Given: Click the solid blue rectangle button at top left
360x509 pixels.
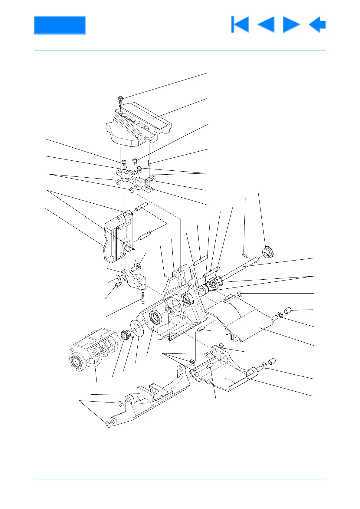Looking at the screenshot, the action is click(x=60, y=25).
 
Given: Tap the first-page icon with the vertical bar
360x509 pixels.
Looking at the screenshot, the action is click(x=240, y=25).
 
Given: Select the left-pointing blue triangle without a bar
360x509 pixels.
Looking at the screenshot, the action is click(x=266, y=25).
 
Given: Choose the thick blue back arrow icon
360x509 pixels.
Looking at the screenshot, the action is click(x=317, y=25).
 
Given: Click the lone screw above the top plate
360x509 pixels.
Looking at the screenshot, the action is click(x=120, y=99).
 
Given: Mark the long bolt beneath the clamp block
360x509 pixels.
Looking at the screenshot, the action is click(x=143, y=297).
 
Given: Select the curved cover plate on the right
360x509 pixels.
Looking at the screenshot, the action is click(x=239, y=321).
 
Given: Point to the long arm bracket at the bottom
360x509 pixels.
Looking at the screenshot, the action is click(x=148, y=399).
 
